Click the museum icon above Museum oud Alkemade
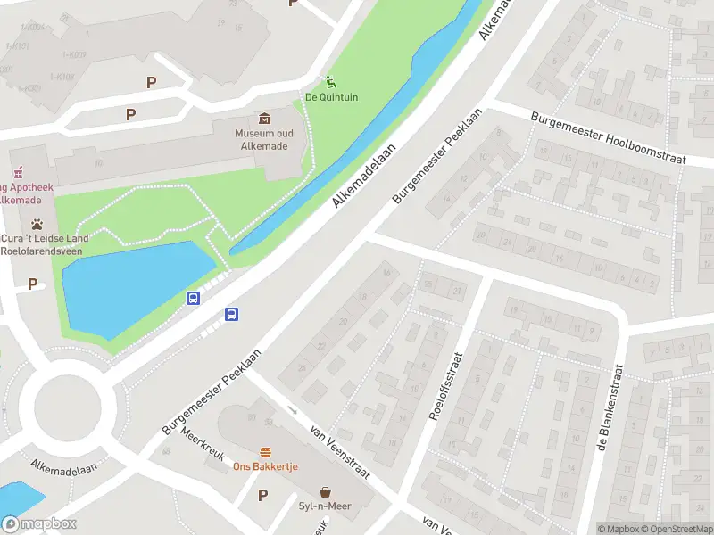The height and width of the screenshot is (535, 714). [265, 119]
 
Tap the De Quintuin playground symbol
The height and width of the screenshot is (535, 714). [331, 82]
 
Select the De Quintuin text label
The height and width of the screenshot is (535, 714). [332, 97]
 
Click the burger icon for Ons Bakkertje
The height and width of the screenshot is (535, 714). [265, 452]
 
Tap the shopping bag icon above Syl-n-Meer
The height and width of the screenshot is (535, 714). [325, 491]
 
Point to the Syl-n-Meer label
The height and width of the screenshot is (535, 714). [325, 506]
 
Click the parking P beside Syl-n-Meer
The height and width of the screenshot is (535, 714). [262, 496]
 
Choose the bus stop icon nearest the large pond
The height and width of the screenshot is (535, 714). [193, 298]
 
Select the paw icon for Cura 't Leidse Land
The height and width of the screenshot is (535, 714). [37, 224]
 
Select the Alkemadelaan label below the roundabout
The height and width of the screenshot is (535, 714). [63, 467]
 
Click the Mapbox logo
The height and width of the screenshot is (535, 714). [38, 524]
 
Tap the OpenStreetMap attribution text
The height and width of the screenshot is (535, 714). [676, 529]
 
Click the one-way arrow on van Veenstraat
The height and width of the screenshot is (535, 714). [294, 410]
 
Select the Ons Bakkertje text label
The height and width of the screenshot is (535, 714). [265, 467]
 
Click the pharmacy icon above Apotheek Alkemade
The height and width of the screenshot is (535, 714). [17, 173]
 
